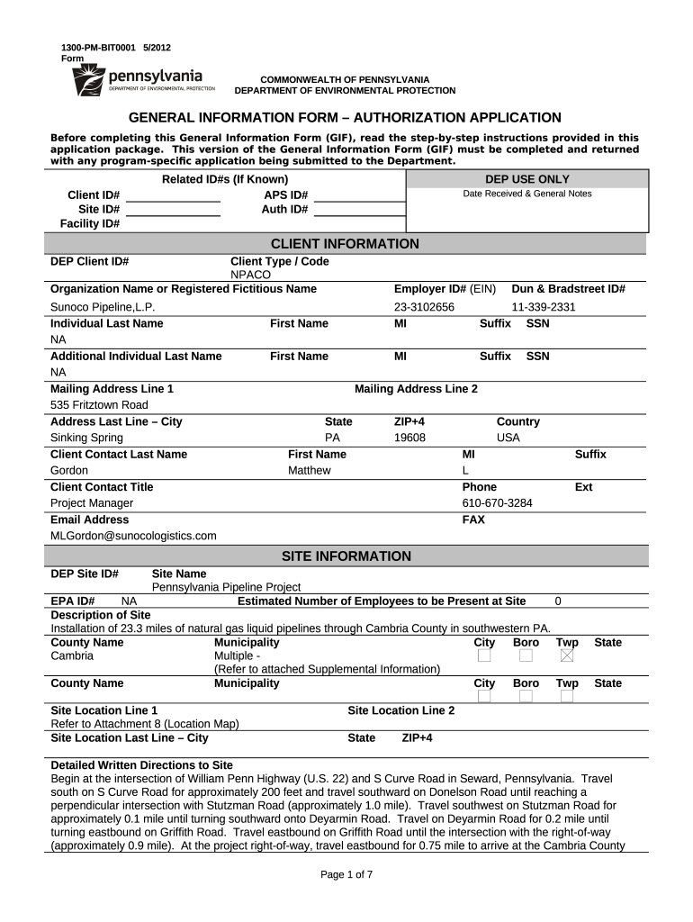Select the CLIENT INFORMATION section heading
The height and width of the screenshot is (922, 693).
[x=345, y=244]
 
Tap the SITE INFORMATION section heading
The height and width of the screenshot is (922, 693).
[x=346, y=556]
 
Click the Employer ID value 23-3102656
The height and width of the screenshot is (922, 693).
[x=424, y=307]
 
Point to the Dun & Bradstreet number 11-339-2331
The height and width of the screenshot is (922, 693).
[x=544, y=307]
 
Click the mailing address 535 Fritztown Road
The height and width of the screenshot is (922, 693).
[x=99, y=405]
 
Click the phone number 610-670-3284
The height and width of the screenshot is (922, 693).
[x=497, y=502]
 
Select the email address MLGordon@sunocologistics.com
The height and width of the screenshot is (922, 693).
[x=133, y=536]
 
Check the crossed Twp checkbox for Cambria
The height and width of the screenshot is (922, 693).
[x=567, y=656]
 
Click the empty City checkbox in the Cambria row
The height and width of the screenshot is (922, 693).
[x=484, y=656]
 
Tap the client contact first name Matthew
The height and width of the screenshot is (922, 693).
[x=309, y=470]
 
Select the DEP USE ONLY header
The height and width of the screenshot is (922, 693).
[x=526, y=179]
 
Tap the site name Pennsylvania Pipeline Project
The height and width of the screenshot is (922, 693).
[x=226, y=587]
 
